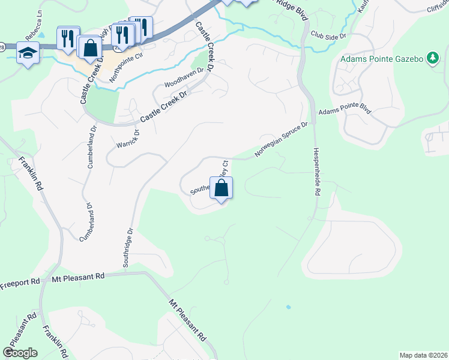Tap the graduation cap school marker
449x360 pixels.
28,53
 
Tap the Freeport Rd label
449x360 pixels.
20,281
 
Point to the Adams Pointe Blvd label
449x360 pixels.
345,111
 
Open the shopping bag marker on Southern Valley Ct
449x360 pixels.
221,188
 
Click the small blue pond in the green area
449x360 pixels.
288,307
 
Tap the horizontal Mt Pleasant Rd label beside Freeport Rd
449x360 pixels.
78,277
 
